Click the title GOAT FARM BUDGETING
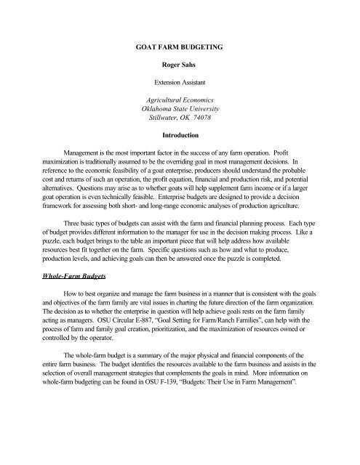[x=180, y=46]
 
